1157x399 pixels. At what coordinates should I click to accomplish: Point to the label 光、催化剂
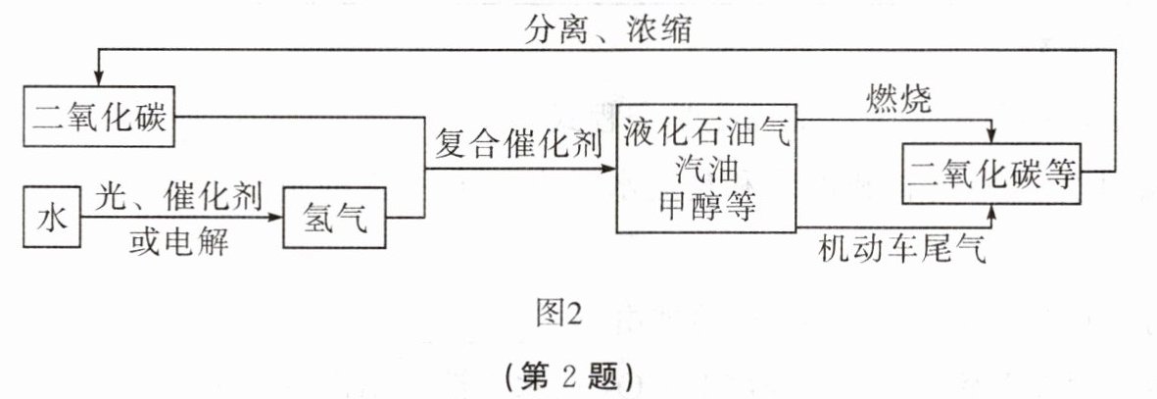(178, 198)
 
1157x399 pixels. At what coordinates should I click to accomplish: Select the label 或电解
(178, 241)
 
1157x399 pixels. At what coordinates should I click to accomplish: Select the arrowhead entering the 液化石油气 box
(608, 169)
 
